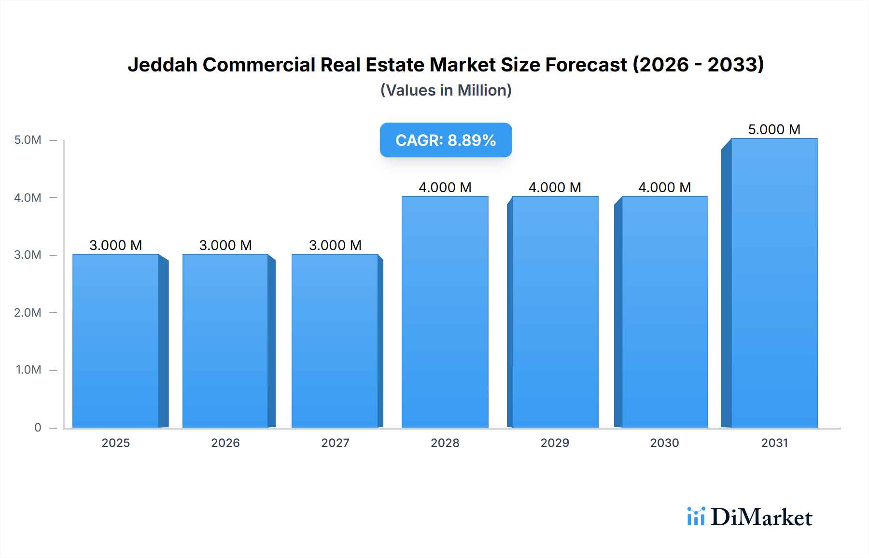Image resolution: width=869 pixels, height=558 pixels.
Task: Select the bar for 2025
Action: pyautogui.click(x=116, y=341)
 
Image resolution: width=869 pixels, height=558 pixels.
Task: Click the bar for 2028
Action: pyautogui.click(x=445, y=312)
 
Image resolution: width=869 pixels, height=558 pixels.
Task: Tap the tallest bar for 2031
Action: pyautogui.click(x=774, y=283)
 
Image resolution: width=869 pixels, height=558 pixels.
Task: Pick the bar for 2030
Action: pyautogui.click(x=664, y=312)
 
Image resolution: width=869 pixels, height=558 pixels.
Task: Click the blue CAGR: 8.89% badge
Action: pyautogui.click(x=446, y=140)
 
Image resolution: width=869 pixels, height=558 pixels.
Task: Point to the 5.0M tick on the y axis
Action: pyautogui.click(x=28, y=140)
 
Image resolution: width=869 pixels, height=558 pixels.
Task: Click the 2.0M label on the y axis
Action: pyautogui.click(x=28, y=312)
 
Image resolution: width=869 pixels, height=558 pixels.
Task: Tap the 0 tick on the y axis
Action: pyautogui.click(x=38, y=427)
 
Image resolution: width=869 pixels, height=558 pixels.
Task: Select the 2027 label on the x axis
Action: pyautogui.click(x=335, y=443)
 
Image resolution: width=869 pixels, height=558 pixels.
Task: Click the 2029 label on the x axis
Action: pyautogui.click(x=555, y=443)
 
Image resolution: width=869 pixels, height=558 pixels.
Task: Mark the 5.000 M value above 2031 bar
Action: pyautogui.click(x=774, y=129)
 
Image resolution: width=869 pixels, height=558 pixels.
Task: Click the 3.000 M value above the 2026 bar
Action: pyautogui.click(x=225, y=245)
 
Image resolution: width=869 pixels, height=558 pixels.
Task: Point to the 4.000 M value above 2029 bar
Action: pyautogui.click(x=555, y=187)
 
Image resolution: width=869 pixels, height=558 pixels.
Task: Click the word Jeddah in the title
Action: pyautogui.click(x=162, y=65)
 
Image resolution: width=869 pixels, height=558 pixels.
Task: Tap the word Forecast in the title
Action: pyautogui.click(x=586, y=65)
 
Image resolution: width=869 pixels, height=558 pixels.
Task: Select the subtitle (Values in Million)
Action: pyautogui.click(x=446, y=90)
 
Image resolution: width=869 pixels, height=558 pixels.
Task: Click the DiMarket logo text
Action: pyautogui.click(x=761, y=517)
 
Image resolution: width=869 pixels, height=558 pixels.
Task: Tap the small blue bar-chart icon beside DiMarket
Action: pyautogui.click(x=696, y=516)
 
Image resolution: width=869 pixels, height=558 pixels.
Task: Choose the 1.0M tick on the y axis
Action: pyautogui.click(x=28, y=370)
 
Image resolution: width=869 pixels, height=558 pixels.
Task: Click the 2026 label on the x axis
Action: pyautogui.click(x=225, y=443)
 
